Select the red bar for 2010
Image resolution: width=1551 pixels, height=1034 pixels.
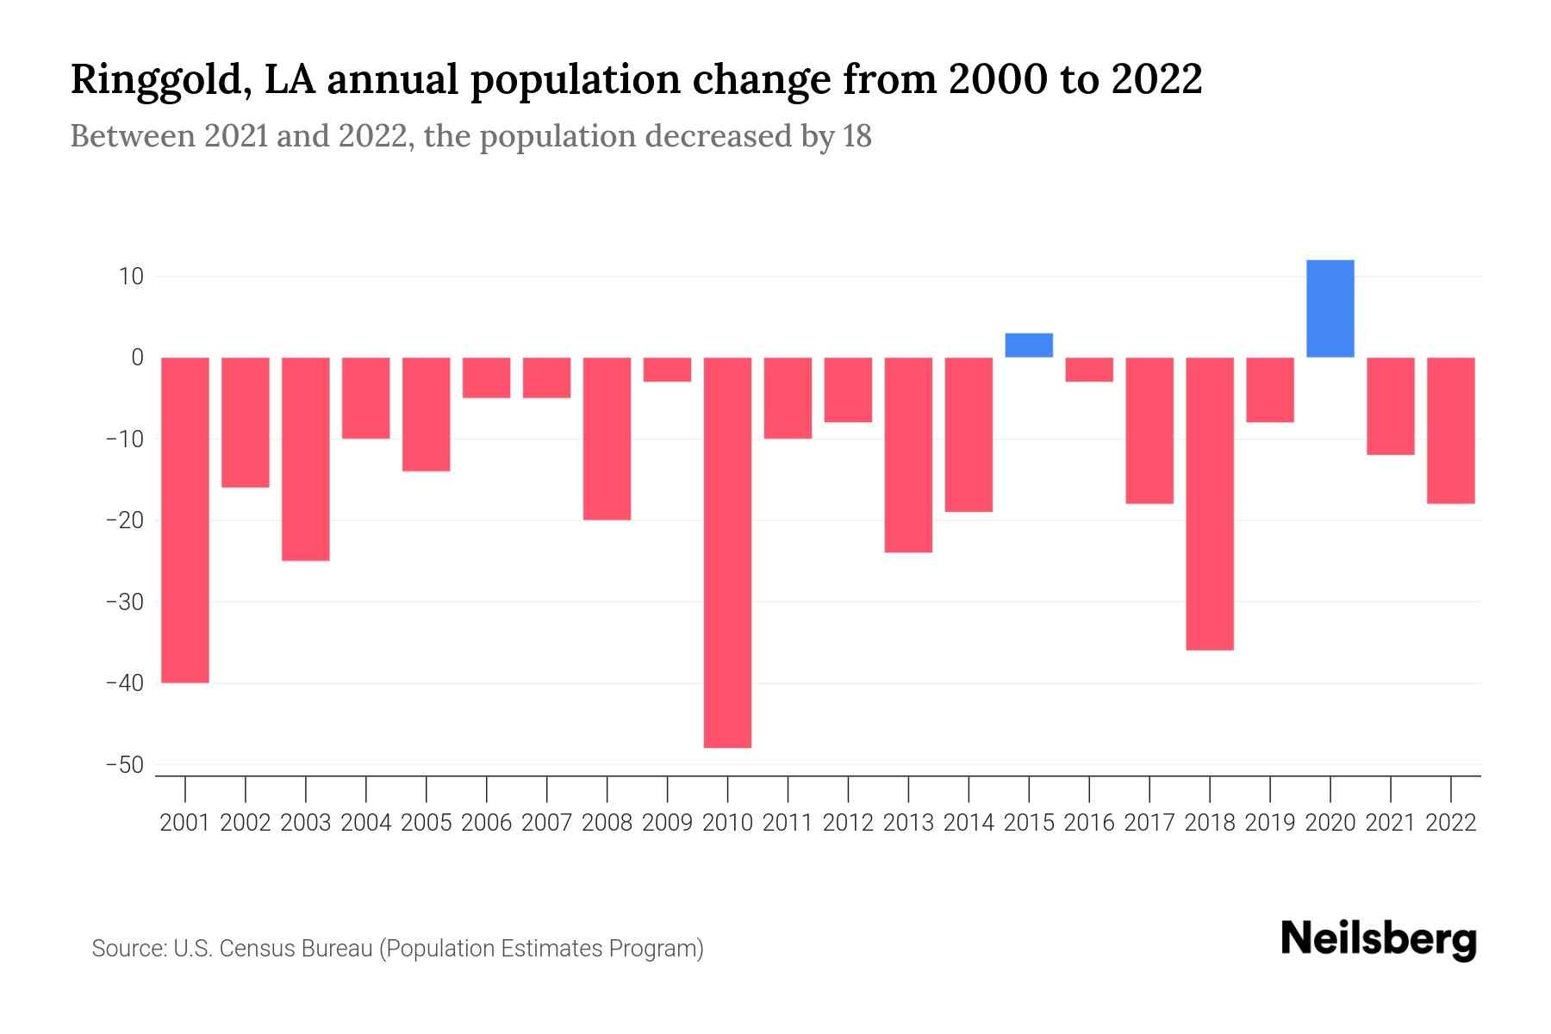pyautogui.click(x=727, y=551)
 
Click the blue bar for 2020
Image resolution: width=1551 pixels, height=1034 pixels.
pyautogui.click(x=1330, y=308)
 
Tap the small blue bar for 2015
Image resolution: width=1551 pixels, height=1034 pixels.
pyautogui.click(x=1029, y=346)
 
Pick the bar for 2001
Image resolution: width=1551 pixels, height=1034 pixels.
pyautogui.click(x=185, y=520)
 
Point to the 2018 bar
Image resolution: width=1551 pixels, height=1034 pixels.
pyautogui.click(x=1210, y=503)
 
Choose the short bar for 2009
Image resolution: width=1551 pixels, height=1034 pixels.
pyautogui.click(x=668, y=370)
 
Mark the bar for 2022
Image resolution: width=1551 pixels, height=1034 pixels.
pyautogui.click(x=1450, y=430)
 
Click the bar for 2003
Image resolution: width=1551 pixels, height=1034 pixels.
pyautogui.click(x=306, y=458)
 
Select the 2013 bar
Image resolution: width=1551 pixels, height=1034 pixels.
pyautogui.click(x=908, y=454)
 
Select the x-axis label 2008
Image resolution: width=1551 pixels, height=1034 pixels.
pyautogui.click(x=607, y=823)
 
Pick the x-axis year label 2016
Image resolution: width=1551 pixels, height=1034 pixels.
pyautogui.click(x=1089, y=823)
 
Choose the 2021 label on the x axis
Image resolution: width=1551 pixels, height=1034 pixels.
pyautogui.click(x=1390, y=823)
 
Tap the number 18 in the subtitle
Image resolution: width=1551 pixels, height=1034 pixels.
pyautogui.click(x=857, y=136)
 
